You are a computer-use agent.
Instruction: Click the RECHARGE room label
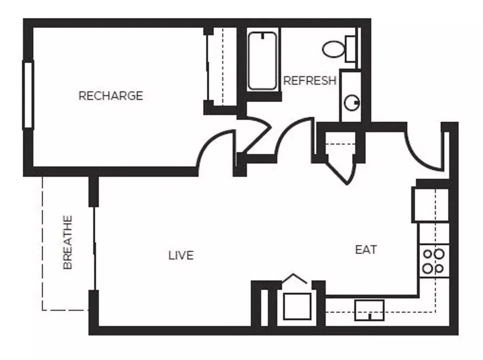(x=111, y=96)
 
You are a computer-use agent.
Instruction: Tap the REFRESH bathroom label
(x=310, y=81)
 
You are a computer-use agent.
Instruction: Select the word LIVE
(x=181, y=255)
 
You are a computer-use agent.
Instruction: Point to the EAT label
(x=366, y=250)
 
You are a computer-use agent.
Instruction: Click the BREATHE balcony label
(x=68, y=242)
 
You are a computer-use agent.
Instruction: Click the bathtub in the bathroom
(x=262, y=61)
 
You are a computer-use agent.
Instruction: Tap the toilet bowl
(x=333, y=49)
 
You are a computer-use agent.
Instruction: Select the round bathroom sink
(x=352, y=103)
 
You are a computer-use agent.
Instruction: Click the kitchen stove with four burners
(x=434, y=261)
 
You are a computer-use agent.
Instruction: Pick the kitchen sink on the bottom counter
(x=369, y=310)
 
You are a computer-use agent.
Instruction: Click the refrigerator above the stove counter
(x=430, y=205)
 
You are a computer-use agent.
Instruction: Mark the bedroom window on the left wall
(x=28, y=95)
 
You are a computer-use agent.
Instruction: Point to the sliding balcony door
(x=94, y=248)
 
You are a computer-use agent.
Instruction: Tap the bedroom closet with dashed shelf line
(x=222, y=67)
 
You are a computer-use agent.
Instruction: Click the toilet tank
(x=351, y=49)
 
